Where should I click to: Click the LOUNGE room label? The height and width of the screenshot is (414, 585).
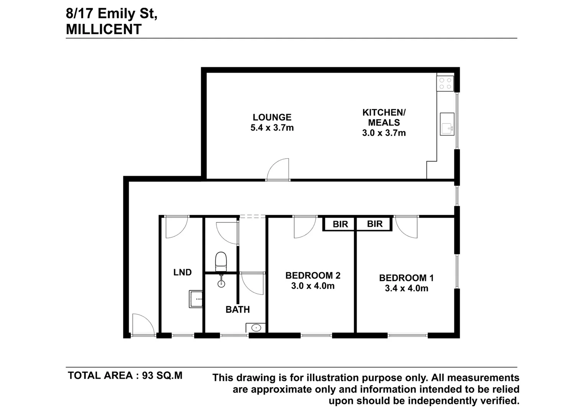[272, 117]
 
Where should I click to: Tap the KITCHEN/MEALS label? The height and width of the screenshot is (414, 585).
[383, 118]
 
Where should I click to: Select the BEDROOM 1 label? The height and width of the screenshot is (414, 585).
[406, 278]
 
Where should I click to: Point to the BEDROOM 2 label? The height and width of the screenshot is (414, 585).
[313, 276]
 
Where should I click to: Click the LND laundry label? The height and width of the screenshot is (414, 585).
[182, 272]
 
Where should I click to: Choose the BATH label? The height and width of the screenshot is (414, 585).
[238, 309]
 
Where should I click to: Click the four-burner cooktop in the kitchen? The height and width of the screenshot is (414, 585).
[445, 84]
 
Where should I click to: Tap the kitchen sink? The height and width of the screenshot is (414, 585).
[447, 124]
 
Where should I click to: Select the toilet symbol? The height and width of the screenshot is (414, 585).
[221, 261]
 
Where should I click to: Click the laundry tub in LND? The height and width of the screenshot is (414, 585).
[196, 299]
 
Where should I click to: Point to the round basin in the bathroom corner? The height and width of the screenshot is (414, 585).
[256, 328]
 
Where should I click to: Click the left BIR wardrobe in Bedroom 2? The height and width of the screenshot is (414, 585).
[340, 224]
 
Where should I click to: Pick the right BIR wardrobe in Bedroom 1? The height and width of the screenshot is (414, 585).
[374, 224]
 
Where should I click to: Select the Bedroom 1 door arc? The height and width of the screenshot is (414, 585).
[406, 227]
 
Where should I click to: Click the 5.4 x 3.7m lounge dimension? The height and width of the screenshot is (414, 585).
[272, 128]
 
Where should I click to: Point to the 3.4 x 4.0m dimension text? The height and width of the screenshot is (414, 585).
[406, 288]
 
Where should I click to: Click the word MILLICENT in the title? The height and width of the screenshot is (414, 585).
[104, 29]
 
